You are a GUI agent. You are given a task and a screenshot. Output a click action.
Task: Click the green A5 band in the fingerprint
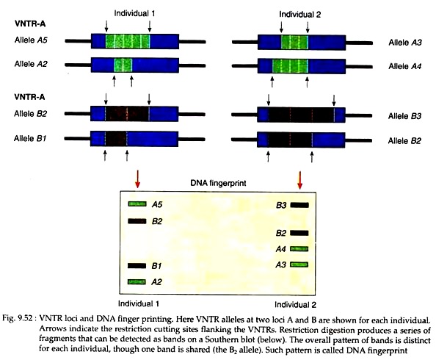click(137, 204)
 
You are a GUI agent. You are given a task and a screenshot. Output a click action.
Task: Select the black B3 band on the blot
click(299, 205)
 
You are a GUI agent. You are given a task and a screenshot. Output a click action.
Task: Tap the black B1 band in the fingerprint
click(137, 266)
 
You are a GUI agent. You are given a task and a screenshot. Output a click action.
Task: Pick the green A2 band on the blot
click(137, 282)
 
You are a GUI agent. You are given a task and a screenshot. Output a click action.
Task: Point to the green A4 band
click(299, 248)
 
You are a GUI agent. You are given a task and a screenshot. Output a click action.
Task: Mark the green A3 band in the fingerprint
click(299, 264)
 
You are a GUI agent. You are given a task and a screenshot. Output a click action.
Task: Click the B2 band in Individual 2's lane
click(299, 233)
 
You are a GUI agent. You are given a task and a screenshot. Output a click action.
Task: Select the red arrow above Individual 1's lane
click(137, 179)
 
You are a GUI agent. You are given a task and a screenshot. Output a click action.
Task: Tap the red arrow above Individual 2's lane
click(299, 180)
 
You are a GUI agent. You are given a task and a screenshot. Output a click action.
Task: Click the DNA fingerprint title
click(218, 183)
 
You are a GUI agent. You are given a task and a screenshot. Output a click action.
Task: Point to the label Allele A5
click(31, 40)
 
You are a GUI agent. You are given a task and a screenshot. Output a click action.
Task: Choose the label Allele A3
click(405, 43)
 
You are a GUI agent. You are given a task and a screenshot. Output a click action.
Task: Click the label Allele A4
click(405, 66)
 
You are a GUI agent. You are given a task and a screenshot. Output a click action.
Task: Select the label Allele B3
click(404, 116)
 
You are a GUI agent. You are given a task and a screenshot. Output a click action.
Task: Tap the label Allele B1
click(30, 138)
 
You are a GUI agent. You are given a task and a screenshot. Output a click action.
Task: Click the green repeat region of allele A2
click(123, 65)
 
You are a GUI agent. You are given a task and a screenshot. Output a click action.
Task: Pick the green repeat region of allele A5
click(128, 41)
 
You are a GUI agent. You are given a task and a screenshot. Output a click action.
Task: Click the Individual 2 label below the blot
click(295, 305)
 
